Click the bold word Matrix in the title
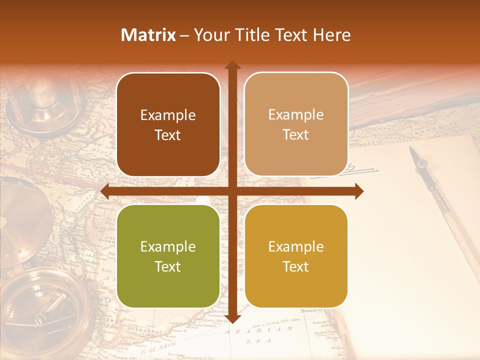148,35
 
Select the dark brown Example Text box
168,124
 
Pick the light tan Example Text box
296,124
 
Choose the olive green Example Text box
168,256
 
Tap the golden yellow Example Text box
296,256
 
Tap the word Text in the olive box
167,266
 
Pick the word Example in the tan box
296,115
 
